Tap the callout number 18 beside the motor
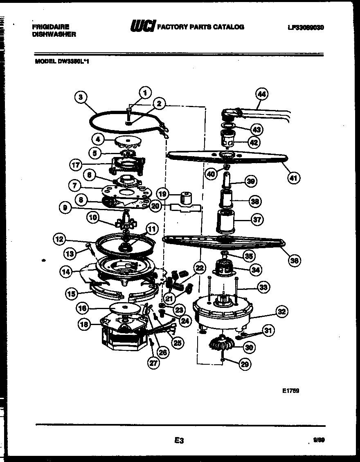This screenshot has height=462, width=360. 83,325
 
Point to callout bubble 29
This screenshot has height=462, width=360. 244,364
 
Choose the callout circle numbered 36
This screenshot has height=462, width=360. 295,260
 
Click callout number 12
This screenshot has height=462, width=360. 60,239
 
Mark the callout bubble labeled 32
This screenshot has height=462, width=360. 282,312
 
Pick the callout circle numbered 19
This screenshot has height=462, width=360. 163,193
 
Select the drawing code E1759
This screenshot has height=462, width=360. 290,390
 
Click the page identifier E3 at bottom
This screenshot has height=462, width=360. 178,440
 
